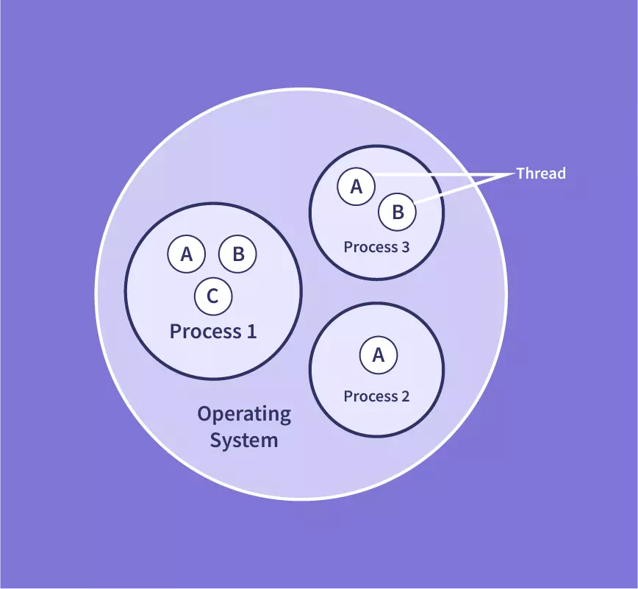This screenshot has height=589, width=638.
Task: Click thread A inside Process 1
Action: pyautogui.click(x=187, y=254)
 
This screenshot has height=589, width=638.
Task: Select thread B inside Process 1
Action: pyautogui.click(x=237, y=254)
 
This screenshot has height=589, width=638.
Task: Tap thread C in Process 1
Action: pyautogui.click(x=213, y=296)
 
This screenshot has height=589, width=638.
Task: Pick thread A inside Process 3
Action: pyautogui.click(x=356, y=187)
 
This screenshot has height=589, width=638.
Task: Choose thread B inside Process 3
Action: pyautogui.click(x=398, y=213)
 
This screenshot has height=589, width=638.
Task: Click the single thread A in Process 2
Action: pyautogui.click(x=379, y=356)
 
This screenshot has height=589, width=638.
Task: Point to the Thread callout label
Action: pyautogui.click(x=541, y=174)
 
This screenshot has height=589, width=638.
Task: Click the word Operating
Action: pyautogui.click(x=244, y=414)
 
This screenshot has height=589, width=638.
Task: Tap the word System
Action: pyautogui.click(x=244, y=441)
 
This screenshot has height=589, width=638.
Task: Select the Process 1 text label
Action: pyautogui.click(x=213, y=332)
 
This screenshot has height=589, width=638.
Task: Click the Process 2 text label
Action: pyautogui.click(x=376, y=396)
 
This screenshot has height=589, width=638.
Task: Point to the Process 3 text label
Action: pyautogui.click(x=376, y=247)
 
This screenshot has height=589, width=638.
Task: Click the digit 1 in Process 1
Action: pyautogui.click(x=251, y=332)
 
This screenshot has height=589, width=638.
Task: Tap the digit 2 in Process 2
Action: pyautogui.click(x=405, y=396)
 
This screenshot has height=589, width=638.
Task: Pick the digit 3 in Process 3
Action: pyautogui.click(x=405, y=247)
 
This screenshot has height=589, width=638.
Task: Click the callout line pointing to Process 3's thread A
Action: pyautogui.click(x=441, y=174)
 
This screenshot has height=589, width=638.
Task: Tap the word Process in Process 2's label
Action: pyautogui.click(x=370, y=396)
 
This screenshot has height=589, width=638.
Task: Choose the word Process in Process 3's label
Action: pyautogui.click(x=370, y=247)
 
